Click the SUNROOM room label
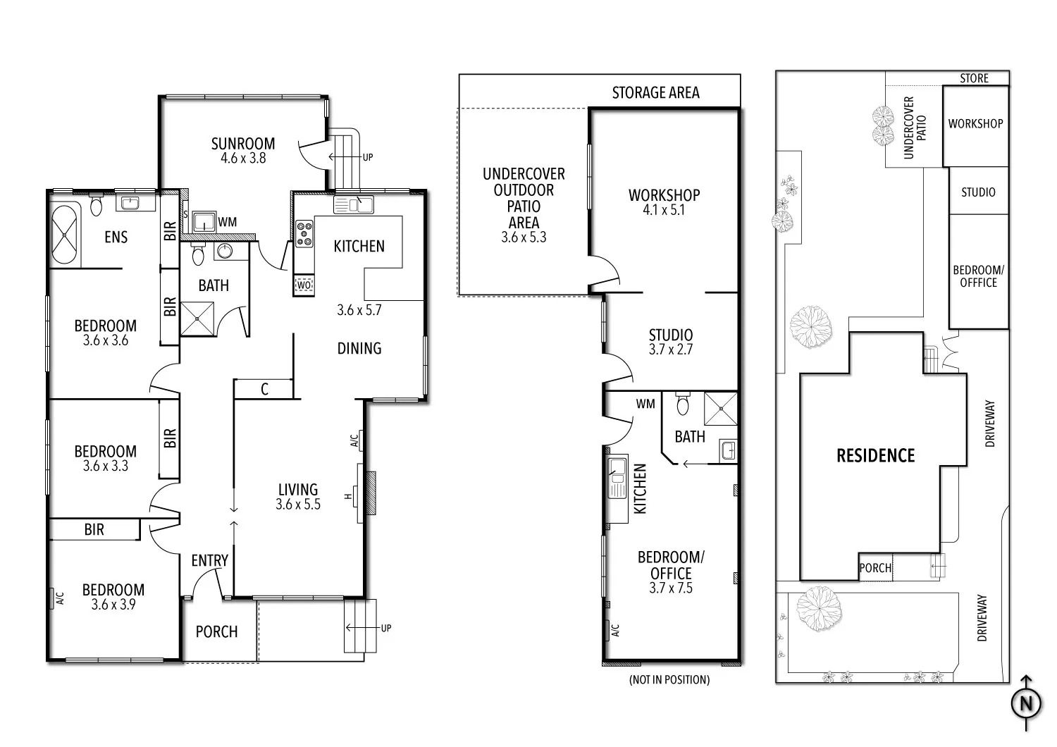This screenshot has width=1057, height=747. pos(242,144)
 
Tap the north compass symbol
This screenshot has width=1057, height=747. pos(1026,703)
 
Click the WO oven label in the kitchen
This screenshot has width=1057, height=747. pos(304,285)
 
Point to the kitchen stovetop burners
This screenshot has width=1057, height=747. pos(304,233)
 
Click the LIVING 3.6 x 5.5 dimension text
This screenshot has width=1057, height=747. pos(298,504)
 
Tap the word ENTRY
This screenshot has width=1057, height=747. pos(209,561)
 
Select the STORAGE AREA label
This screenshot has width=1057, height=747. pos(655,92)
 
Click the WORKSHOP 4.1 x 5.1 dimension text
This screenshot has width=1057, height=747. pos(664,210)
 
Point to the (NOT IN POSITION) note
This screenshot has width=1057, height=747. pos(669,679)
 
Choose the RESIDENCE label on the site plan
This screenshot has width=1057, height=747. pos(875,455)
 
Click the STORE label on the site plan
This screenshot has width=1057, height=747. pos(974,78)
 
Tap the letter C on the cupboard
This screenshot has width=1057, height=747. pos(264,389)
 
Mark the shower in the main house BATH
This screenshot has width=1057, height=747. pos(197,319)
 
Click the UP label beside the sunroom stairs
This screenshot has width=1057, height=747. pos(368,157)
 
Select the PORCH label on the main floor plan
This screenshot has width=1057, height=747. pos(216,632)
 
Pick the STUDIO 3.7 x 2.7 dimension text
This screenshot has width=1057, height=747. pos(671,350)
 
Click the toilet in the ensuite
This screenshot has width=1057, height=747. pos(97,204)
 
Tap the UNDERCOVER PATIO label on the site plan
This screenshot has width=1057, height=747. pos(915,128)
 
